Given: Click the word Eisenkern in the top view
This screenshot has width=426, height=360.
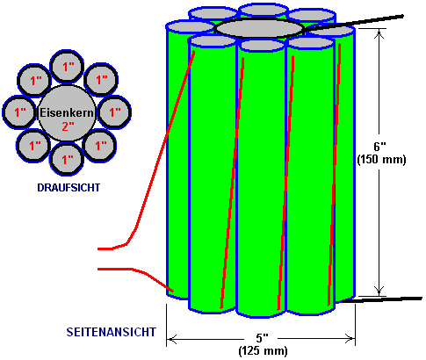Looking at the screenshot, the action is click(67, 112).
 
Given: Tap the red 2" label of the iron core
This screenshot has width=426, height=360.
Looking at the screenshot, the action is click(68, 126).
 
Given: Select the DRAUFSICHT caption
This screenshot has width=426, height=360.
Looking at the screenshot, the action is click(69, 188).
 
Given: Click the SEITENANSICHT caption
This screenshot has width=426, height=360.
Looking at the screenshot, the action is click(112, 332).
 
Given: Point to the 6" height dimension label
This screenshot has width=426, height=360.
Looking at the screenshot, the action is click(379, 146).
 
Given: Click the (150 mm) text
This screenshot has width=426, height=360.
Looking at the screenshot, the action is click(381, 160).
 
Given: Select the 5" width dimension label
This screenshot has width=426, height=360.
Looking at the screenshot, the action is click(262, 338).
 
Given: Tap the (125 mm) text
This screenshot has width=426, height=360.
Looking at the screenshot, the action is click(263, 350).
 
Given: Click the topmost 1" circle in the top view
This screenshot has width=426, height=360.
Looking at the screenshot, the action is click(67, 67).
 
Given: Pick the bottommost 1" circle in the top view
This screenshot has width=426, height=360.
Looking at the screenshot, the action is click(67, 159).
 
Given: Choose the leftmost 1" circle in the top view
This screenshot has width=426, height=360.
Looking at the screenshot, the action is click(20, 112).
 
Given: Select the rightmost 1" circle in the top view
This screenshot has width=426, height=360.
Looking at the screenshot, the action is click(114, 112).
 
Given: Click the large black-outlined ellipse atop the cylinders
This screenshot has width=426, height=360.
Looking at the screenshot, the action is click(259, 28).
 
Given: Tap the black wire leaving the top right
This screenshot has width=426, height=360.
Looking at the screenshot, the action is click(353, 22).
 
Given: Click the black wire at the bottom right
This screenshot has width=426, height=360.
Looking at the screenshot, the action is click(382, 299).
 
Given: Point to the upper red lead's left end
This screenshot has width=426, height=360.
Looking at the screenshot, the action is click(98, 248).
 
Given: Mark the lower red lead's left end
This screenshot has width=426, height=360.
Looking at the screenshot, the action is click(98, 269).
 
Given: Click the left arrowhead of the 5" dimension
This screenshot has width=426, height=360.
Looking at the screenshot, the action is click(170, 340).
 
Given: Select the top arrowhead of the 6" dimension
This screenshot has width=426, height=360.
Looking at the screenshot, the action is click(379, 33).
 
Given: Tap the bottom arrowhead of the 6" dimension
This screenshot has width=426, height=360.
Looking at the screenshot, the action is click(379, 292).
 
